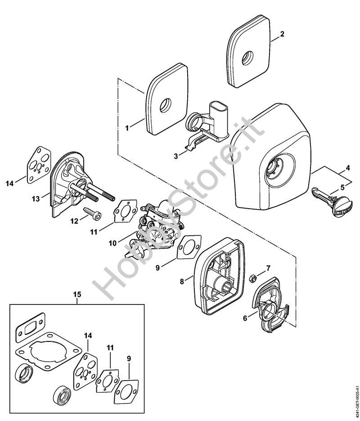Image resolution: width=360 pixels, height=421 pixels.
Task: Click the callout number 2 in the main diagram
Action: pyautogui.click(x=282, y=34)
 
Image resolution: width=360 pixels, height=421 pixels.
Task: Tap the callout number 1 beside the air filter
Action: pyautogui.click(x=127, y=128)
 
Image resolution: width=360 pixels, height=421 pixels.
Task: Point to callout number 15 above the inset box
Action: pyautogui.click(x=77, y=294)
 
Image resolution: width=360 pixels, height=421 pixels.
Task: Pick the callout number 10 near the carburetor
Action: pyautogui.click(x=112, y=243)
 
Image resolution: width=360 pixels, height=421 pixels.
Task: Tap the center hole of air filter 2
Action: pyautogui.click(x=247, y=58)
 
